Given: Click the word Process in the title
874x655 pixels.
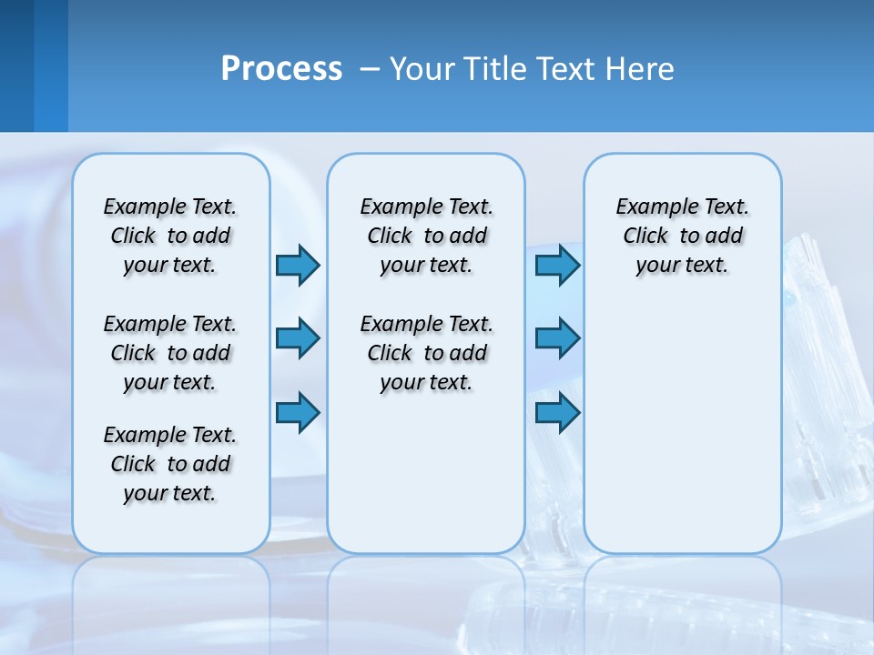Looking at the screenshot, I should [x=281, y=69].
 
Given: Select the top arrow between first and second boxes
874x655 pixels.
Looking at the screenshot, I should [x=298, y=265].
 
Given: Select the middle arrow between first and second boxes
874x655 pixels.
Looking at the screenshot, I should [x=298, y=338].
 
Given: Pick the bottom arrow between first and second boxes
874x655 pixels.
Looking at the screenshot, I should [x=298, y=413].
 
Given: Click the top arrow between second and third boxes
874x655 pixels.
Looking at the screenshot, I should [x=557, y=265].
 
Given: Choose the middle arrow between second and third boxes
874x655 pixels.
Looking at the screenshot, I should [x=557, y=338].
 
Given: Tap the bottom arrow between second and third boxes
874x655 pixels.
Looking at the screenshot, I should [x=557, y=413].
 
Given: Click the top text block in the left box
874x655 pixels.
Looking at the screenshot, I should [x=170, y=236].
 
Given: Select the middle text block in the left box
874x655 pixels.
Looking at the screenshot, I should [x=170, y=353].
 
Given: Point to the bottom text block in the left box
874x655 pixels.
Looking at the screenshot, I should [x=170, y=464].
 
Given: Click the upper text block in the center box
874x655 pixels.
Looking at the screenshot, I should [x=426, y=236].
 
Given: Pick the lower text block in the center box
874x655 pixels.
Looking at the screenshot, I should [x=426, y=353].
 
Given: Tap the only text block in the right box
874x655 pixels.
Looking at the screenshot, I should [x=682, y=236].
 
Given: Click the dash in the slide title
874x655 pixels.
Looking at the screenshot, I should [x=370, y=70].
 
